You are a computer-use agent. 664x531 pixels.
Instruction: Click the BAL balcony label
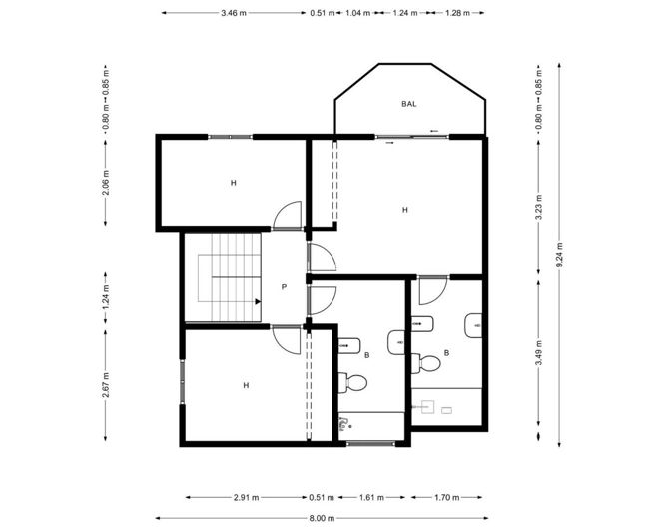tap(409, 103)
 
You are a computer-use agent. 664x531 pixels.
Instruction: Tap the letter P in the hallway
tap(285, 287)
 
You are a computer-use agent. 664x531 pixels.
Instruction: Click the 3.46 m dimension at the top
tap(236, 13)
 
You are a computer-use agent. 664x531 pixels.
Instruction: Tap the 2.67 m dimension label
tap(106, 383)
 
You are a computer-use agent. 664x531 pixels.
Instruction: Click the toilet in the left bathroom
tap(352, 382)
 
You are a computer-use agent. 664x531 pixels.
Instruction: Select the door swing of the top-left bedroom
tap(288, 215)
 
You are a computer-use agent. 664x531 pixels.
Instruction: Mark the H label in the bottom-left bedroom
tap(245, 384)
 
